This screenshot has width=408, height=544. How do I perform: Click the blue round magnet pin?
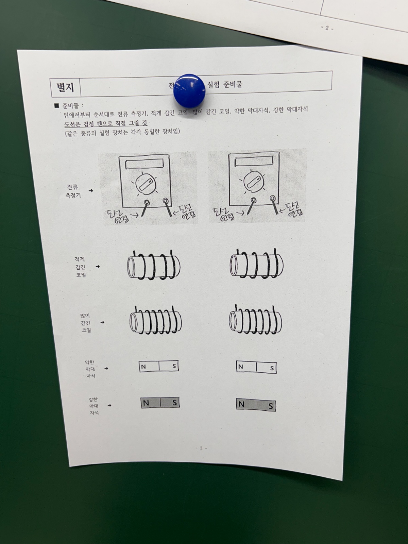tap(189, 89)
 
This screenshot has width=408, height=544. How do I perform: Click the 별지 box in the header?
tap(65, 87)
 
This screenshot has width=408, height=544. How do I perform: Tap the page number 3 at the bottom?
tap(201, 448)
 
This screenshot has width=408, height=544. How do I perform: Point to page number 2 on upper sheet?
tap(327, 28)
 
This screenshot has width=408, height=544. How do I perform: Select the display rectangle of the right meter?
tap(254, 161)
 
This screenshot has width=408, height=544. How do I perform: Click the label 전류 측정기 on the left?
tap(73, 191)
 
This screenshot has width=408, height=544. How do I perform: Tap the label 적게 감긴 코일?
tap(81, 267)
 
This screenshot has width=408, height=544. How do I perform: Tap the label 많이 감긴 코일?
tap(85, 323)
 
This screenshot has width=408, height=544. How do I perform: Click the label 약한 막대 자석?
tap(90, 369)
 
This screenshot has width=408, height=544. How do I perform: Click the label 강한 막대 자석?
tap(94, 406)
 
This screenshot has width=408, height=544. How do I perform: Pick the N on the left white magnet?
tap(143, 367)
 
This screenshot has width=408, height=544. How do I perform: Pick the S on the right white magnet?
tap(272, 368)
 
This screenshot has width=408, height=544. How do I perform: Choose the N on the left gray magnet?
tap(146, 403)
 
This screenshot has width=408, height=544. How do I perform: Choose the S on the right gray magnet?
tap(270, 406)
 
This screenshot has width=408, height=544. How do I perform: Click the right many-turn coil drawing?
tap(255, 321)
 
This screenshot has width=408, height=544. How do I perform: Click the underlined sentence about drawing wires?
tap(106, 123)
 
